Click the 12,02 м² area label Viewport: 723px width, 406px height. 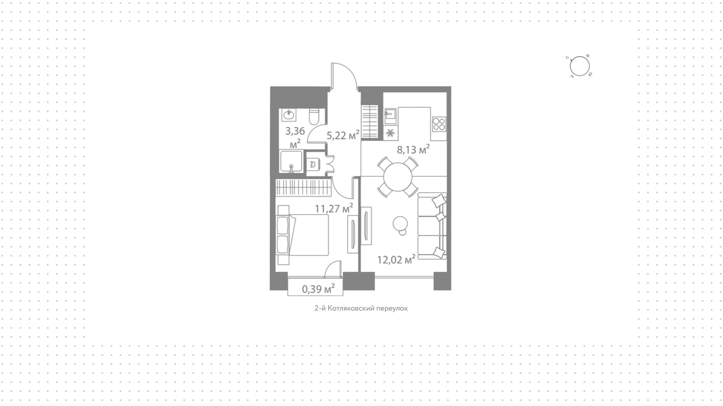396,259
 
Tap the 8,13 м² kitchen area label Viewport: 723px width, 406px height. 413,150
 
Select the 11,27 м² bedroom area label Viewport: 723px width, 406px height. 334,208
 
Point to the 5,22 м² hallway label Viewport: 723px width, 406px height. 343,135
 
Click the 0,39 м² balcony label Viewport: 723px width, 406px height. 318,289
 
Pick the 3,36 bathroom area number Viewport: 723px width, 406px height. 295,131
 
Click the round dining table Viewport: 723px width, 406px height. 398,177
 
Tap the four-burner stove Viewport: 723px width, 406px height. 439,124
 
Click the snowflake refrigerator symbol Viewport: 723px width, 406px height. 390,133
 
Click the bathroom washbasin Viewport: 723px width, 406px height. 289,115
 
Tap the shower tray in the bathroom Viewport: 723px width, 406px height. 291,162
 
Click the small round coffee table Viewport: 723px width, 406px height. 400,225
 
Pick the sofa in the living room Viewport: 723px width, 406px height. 432,226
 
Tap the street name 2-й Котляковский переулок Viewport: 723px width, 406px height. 361,308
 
